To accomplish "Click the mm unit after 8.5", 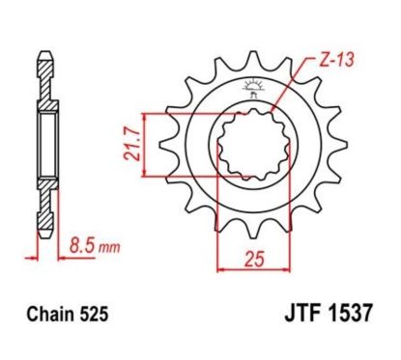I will pos(112,248).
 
